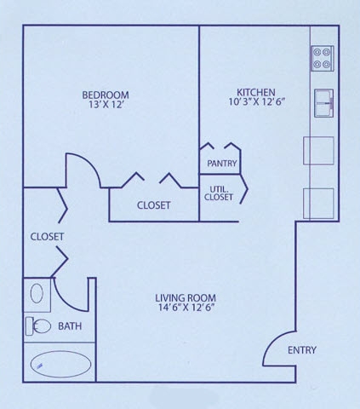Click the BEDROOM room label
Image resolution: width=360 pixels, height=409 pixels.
coord(105,94)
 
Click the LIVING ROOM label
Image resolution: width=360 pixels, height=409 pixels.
coord(186,297)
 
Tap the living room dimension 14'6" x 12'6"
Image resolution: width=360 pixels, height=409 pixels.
coord(186,308)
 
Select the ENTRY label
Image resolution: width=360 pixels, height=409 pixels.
coord(302,351)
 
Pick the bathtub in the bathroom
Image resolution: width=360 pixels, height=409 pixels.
coord(60,364)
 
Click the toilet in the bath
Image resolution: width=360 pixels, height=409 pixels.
coord(38,325)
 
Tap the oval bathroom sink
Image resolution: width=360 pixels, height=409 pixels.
coord(37,294)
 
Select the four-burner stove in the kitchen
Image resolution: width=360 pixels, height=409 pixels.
coord(323,57)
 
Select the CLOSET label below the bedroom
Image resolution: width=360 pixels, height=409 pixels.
coord(153,205)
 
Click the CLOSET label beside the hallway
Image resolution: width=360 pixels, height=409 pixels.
coord(47,236)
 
